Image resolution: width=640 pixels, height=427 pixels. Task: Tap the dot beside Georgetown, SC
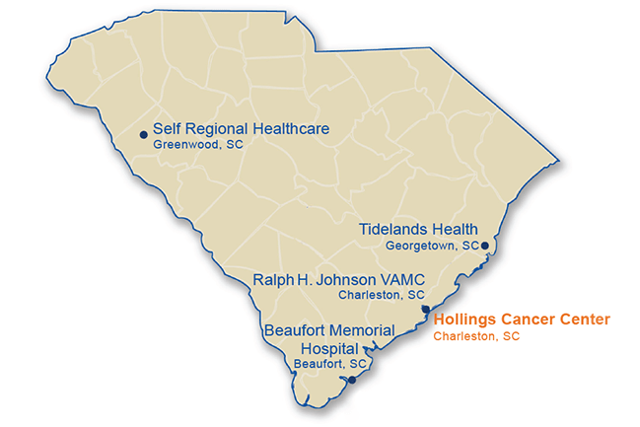[484, 245]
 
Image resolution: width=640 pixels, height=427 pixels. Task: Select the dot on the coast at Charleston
[425, 310]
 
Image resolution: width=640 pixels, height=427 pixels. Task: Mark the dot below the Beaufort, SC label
[352, 379]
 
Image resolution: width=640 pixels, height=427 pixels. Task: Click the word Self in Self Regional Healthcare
[166, 129]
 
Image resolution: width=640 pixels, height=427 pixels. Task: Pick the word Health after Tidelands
[457, 229]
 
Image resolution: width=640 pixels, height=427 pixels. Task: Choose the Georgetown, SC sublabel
[432, 245]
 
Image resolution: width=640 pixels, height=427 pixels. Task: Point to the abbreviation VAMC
[402, 278]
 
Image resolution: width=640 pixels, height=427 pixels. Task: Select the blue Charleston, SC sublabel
[382, 294]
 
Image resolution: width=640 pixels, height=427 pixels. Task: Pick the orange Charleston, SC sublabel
[477, 336]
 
